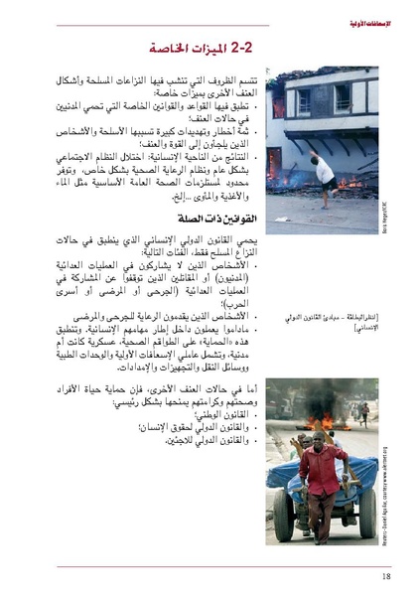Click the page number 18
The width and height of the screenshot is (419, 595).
(x=384, y=575)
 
